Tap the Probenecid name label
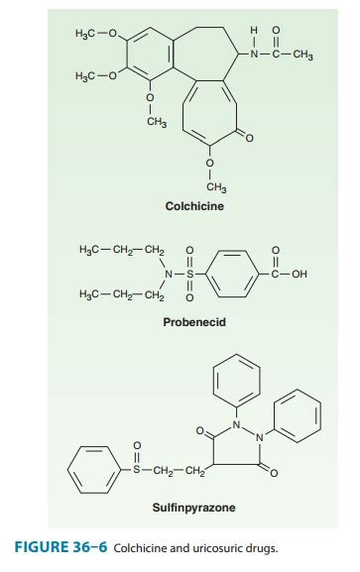(189, 322)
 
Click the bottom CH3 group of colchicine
(213, 186)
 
